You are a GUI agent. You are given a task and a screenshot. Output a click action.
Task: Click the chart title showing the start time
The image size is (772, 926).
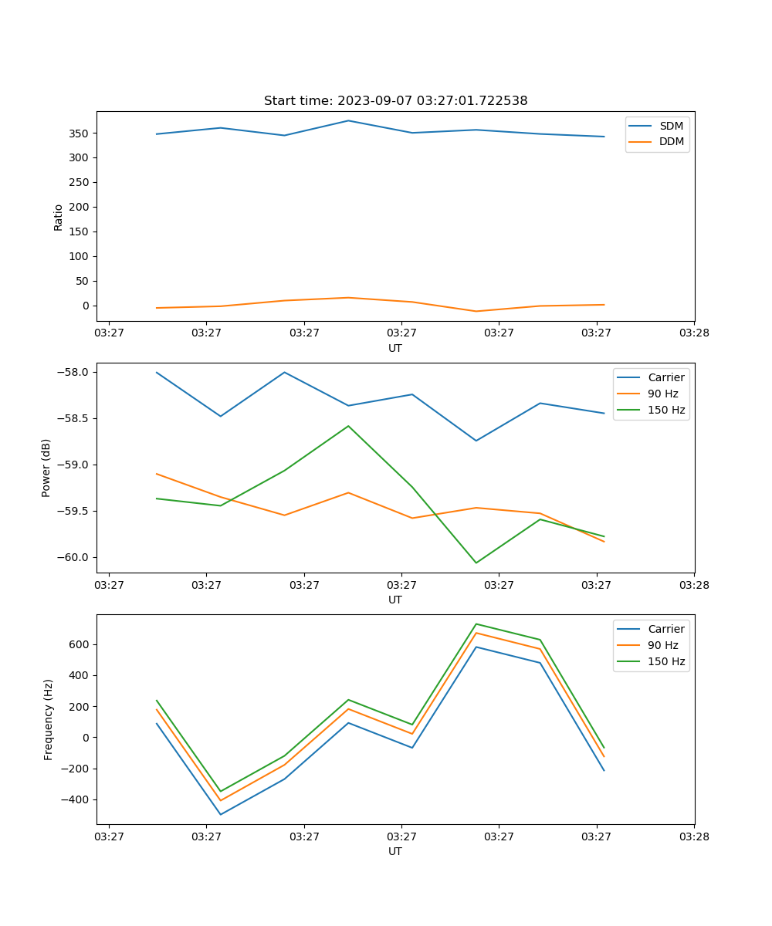pyautogui.click(x=395, y=101)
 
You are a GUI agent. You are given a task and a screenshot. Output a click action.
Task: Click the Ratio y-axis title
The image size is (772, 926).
pyautogui.click(x=59, y=217)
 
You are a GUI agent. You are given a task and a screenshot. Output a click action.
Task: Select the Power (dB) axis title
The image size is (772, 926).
pyautogui.click(x=46, y=468)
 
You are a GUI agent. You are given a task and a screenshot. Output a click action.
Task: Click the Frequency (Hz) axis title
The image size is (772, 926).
pyautogui.click(x=48, y=719)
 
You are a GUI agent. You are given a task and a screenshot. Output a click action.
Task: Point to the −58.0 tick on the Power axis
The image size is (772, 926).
pyautogui.click(x=76, y=372)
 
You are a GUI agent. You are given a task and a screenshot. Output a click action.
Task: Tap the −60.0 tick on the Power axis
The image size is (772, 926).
pyautogui.click(x=76, y=557)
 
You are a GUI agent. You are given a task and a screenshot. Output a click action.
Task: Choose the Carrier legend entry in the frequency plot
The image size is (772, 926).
pyautogui.click(x=665, y=629)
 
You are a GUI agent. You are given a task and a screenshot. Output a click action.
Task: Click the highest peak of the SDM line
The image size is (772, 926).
pyautogui.click(x=348, y=120)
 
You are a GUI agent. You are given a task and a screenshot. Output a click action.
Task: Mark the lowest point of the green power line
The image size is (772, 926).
pyautogui.click(x=476, y=563)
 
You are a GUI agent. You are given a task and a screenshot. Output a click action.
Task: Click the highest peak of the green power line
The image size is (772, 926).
pyautogui.click(x=348, y=426)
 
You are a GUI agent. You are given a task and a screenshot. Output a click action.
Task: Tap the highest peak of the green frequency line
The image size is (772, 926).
pyautogui.click(x=476, y=624)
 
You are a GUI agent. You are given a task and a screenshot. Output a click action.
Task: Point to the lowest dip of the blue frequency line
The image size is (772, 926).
pyautogui.click(x=221, y=814)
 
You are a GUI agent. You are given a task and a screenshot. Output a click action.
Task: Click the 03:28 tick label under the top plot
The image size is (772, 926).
pyautogui.click(x=694, y=333)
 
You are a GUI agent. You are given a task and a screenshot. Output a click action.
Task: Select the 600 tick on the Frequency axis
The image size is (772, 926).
pyautogui.click(x=80, y=644)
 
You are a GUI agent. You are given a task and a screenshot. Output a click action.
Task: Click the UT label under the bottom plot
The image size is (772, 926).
pyautogui.click(x=395, y=851)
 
